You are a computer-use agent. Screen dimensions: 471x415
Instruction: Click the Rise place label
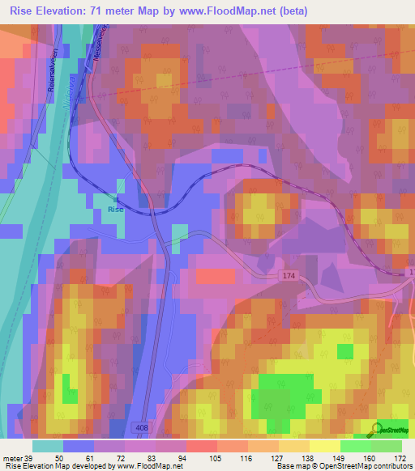pyautogui.click(x=116, y=209)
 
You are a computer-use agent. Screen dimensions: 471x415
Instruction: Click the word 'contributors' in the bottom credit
pyautogui.click(x=392, y=465)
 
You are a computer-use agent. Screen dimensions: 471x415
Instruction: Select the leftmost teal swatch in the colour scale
pyautogui.click(x=48, y=445)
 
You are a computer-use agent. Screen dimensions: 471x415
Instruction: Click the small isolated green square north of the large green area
pyautogui.click(x=345, y=350)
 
